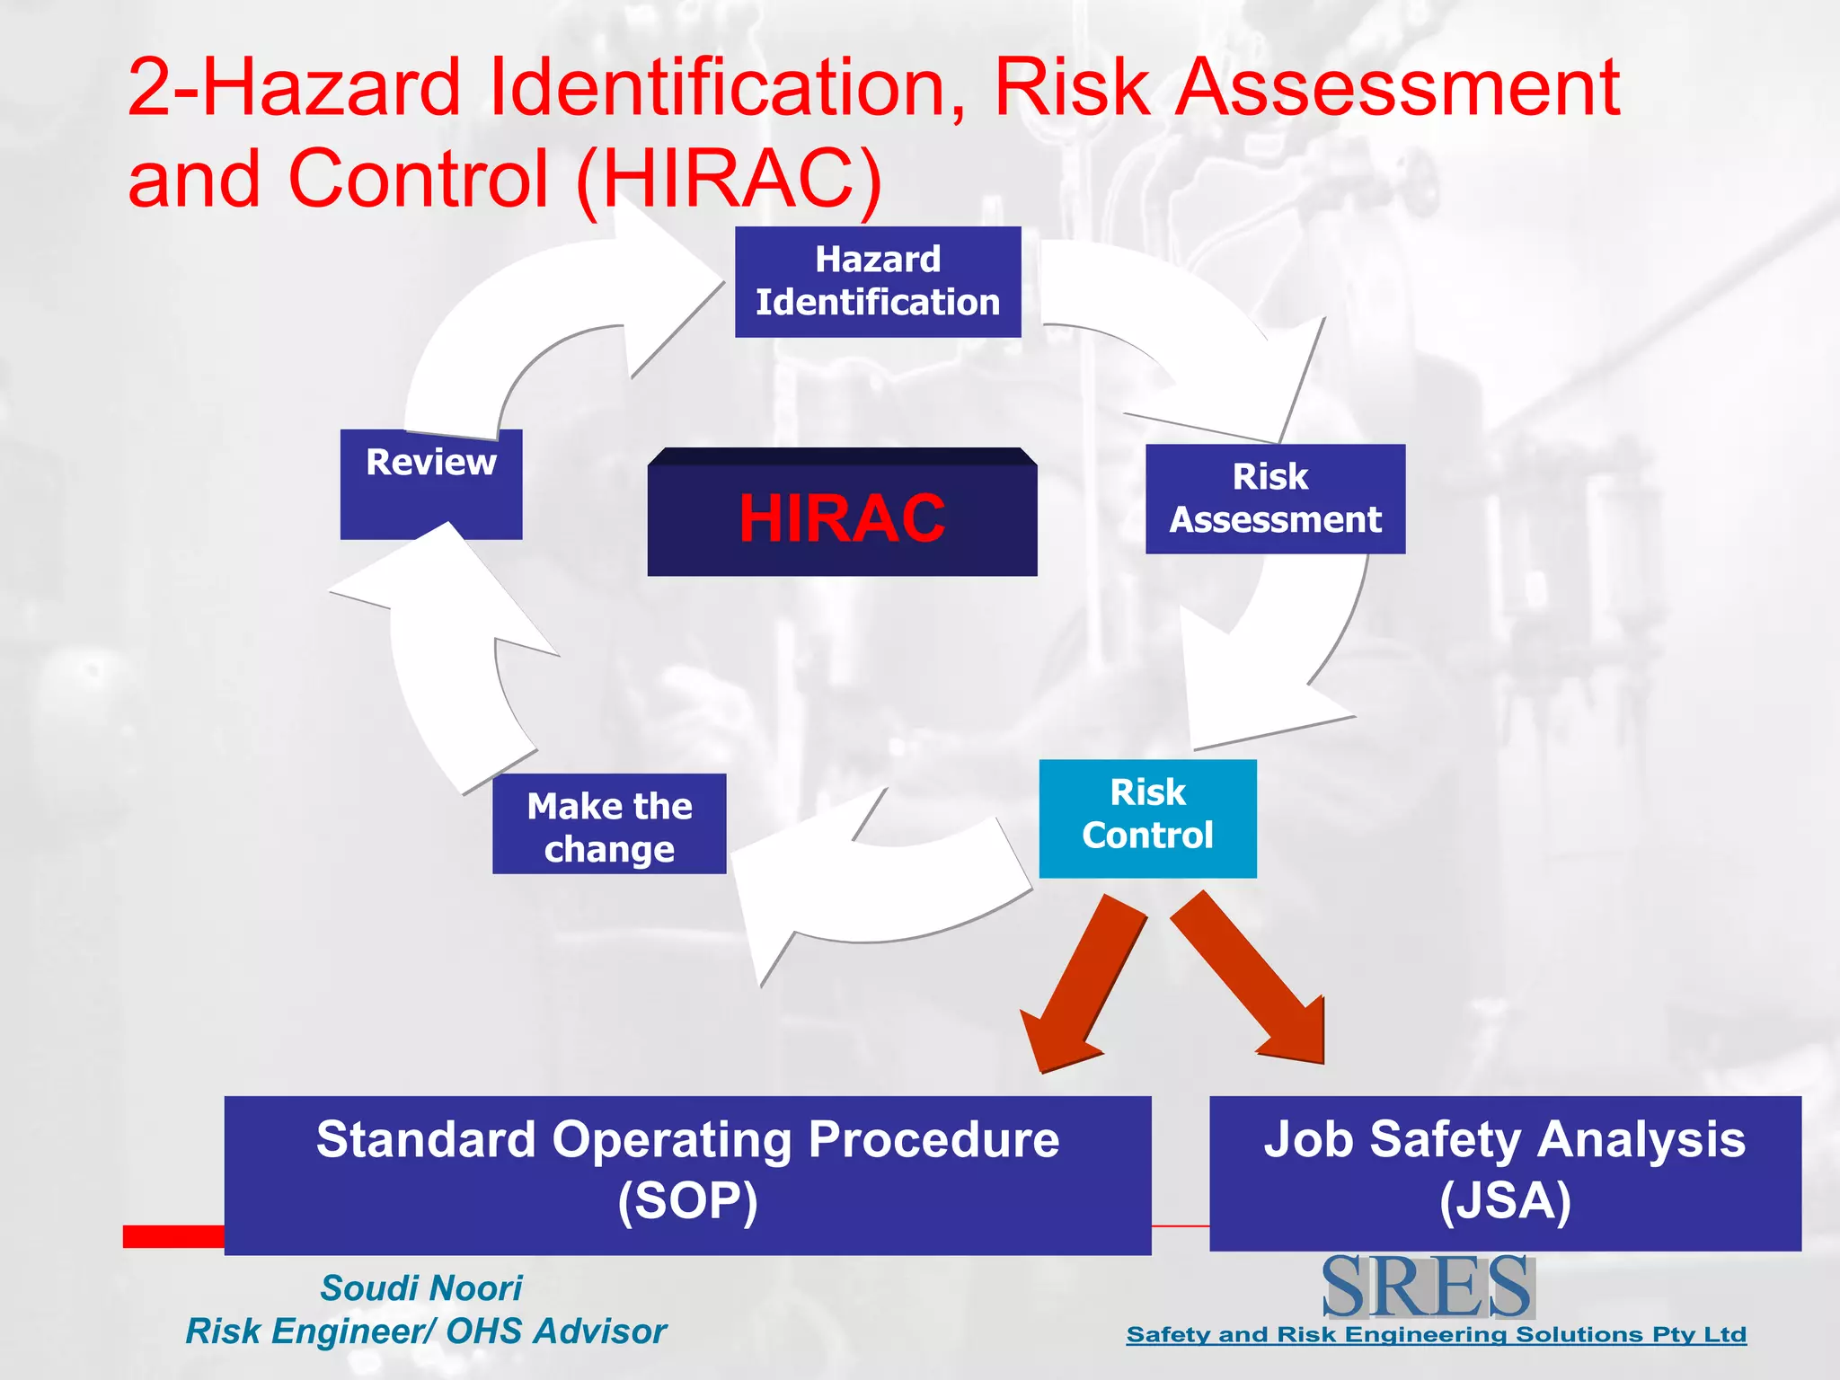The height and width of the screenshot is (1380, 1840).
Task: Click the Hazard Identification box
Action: pyautogui.click(x=878, y=281)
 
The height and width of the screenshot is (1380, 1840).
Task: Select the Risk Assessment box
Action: pyautogui.click(x=1275, y=499)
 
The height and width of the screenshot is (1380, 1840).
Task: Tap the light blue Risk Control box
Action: pyautogui.click(x=1147, y=818)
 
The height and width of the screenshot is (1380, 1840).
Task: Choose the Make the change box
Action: pyautogui.click(x=609, y=824)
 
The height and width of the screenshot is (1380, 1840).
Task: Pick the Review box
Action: pyautogui.click(x=431, y=483)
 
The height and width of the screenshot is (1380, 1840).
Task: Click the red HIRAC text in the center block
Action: pyautogui.click(x=842, y=518)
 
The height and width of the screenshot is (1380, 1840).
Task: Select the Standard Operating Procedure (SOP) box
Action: pyautogui.click(x=687, y=1173)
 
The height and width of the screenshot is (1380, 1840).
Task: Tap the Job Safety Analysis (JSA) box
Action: pyautogui.click(x=1505, y=1172)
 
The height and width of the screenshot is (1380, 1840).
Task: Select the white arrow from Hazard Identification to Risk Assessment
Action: pyautogui.click(x=1204, y=350)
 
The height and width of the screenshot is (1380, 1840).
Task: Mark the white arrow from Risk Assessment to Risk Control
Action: pyautogui.click(x=1276, y=656)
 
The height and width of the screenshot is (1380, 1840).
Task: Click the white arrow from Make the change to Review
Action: pyautogui.click(x=449, y=665)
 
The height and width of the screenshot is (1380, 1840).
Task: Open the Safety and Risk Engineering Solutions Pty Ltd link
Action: pyautogui.click(x=1436, y=1334)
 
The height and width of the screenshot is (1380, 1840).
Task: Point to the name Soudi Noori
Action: pyautogui.click(x=421, y=1287)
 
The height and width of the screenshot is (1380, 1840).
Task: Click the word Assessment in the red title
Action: pyautogui.click(x=1398, y=87)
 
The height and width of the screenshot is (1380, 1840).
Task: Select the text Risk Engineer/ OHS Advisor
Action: pyautogui.click(x=426, y=1331)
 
